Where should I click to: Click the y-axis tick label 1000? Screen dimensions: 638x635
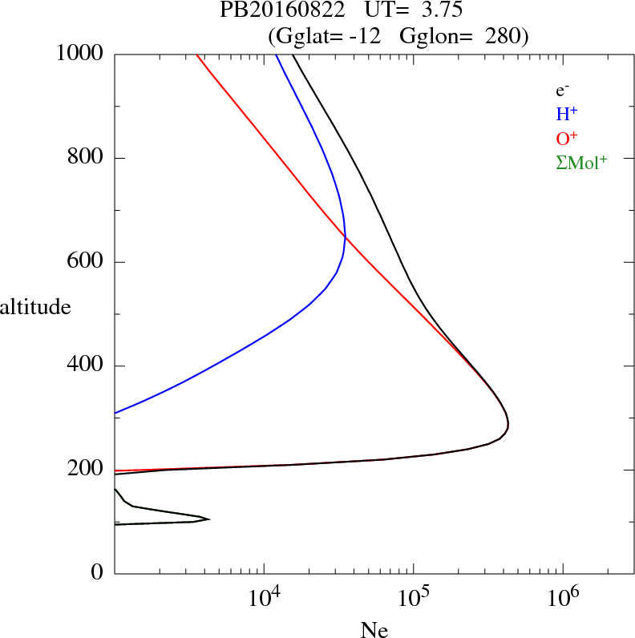click(x=79, y=54)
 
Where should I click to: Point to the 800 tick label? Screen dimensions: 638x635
click(x=86, y=158)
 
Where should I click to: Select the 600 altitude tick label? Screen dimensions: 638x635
click(x=86, y=262)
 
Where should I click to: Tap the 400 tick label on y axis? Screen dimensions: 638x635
click(x=86, y=366)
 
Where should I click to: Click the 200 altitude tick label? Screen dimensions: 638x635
click(x=86, y=470)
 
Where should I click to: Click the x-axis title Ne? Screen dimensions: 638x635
click(x=374, y=630)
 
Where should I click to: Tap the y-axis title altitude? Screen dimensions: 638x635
click(x=36, y=307)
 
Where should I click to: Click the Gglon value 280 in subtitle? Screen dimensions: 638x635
click(x=505, y=36)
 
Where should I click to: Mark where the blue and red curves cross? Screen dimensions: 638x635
click(x=345, y=235)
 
